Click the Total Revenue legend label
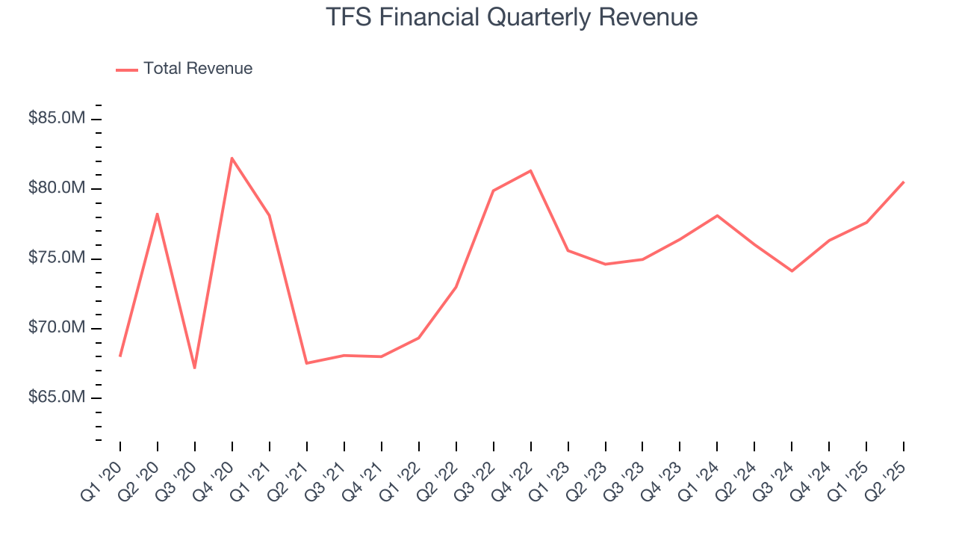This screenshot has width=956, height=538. [198, 69]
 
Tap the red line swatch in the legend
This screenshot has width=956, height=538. [127, 69]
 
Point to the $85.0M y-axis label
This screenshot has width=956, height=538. [56, 119]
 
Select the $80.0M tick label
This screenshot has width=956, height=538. [56, 188]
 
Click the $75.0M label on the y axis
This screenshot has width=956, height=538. [56, 259]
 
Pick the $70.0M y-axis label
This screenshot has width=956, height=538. [56, 328]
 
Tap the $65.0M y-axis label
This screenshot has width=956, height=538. [56, 398]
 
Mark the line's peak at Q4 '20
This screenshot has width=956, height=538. [232, 158]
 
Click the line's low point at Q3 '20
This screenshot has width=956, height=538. [195, 368]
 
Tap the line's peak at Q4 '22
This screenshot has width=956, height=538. [531, 171]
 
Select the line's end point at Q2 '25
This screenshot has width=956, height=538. [904, 182]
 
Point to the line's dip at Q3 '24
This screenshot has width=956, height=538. [792, 270]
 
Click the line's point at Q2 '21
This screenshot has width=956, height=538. [307, 363]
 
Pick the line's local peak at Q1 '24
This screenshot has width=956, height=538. [717, 216]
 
